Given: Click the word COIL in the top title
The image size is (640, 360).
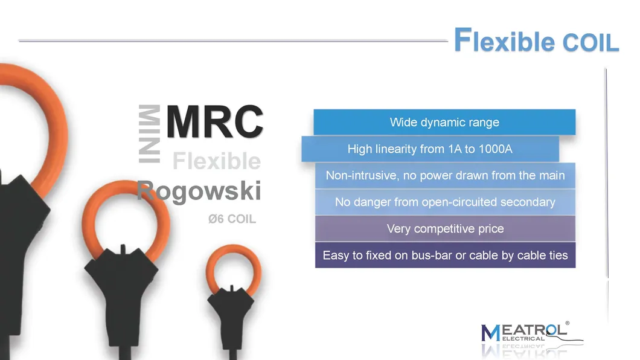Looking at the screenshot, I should click(590, 43).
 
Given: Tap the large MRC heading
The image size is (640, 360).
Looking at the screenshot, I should click(214, 121).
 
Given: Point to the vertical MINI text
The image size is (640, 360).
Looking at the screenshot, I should click(150, 134).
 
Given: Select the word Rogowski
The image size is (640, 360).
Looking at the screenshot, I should click(199, 191).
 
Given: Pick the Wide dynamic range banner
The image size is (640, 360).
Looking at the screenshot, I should click(444, 123).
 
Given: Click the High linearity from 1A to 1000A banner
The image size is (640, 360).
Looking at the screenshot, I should click(430, 149).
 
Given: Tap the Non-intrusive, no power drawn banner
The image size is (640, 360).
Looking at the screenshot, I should click(445, 176).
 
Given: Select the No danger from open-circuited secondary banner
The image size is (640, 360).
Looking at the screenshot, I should click(445, 202).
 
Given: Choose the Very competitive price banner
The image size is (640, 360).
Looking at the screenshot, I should click(445, 229).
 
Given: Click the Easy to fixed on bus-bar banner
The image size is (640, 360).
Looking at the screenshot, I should click(445, 255).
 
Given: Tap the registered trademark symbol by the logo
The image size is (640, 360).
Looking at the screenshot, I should click(567, 323).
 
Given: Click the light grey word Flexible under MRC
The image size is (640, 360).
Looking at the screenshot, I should click(217, 161).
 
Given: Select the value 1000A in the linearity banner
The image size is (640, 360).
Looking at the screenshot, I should click(495, 149).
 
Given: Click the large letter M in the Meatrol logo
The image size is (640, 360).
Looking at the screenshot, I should click(490, 333).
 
